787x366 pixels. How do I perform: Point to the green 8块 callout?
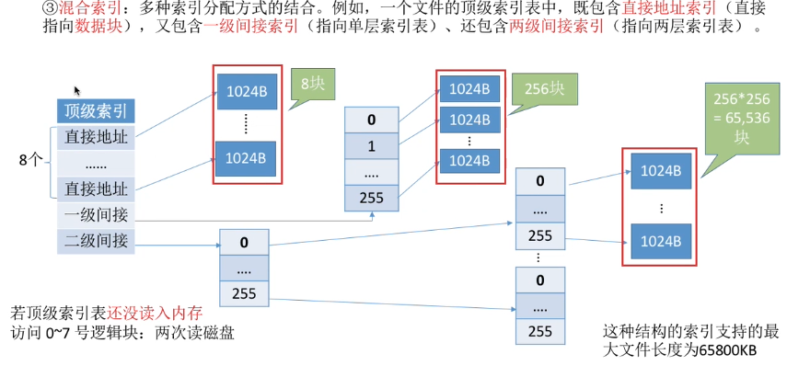tap(311, 85)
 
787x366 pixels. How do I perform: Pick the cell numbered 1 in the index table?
tap(371, 145)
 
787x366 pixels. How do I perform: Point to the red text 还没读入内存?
tap(147, 312)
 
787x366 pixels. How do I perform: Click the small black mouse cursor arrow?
tap(76, 91)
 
